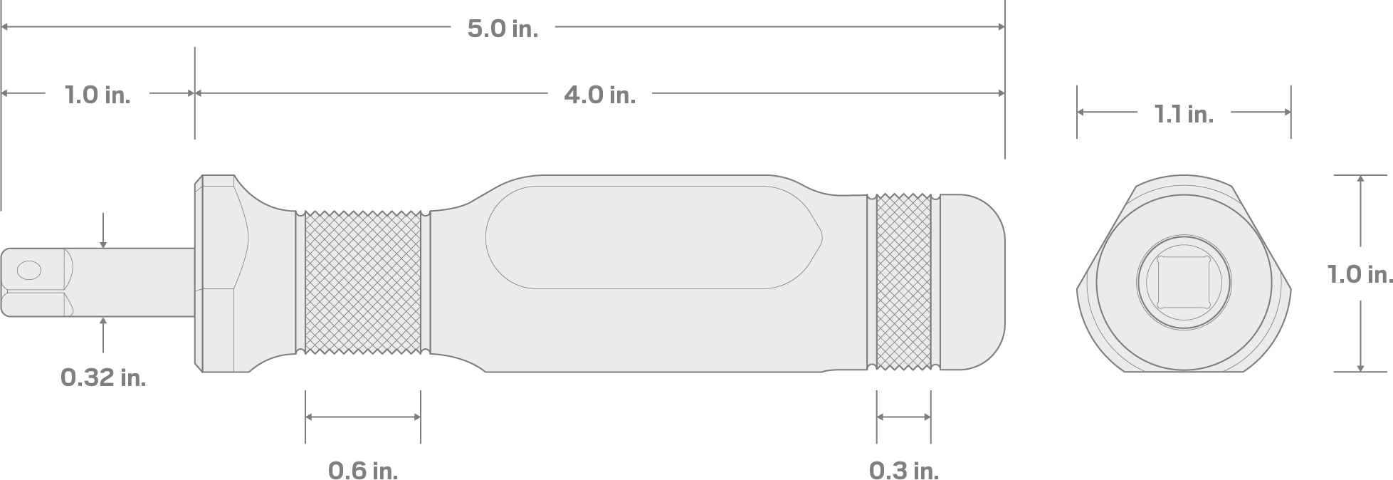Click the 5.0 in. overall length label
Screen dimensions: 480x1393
503,28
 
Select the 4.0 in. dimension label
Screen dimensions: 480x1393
599,95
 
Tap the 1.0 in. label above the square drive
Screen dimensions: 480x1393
98,95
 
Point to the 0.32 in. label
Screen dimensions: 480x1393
103,377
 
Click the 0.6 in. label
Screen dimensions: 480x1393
362,470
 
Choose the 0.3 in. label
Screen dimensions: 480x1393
903,470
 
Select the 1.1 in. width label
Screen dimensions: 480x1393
1183,114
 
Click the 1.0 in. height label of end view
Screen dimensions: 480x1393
1360,274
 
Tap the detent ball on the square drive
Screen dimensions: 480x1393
29,270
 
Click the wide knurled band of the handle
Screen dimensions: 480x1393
362,282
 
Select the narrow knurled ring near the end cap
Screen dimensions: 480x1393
903,281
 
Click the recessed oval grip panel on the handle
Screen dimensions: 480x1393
651,238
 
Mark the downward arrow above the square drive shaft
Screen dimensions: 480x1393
104,243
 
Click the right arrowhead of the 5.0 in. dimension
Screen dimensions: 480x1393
1000,27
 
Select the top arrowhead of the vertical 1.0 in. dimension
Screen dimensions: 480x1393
1360,179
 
